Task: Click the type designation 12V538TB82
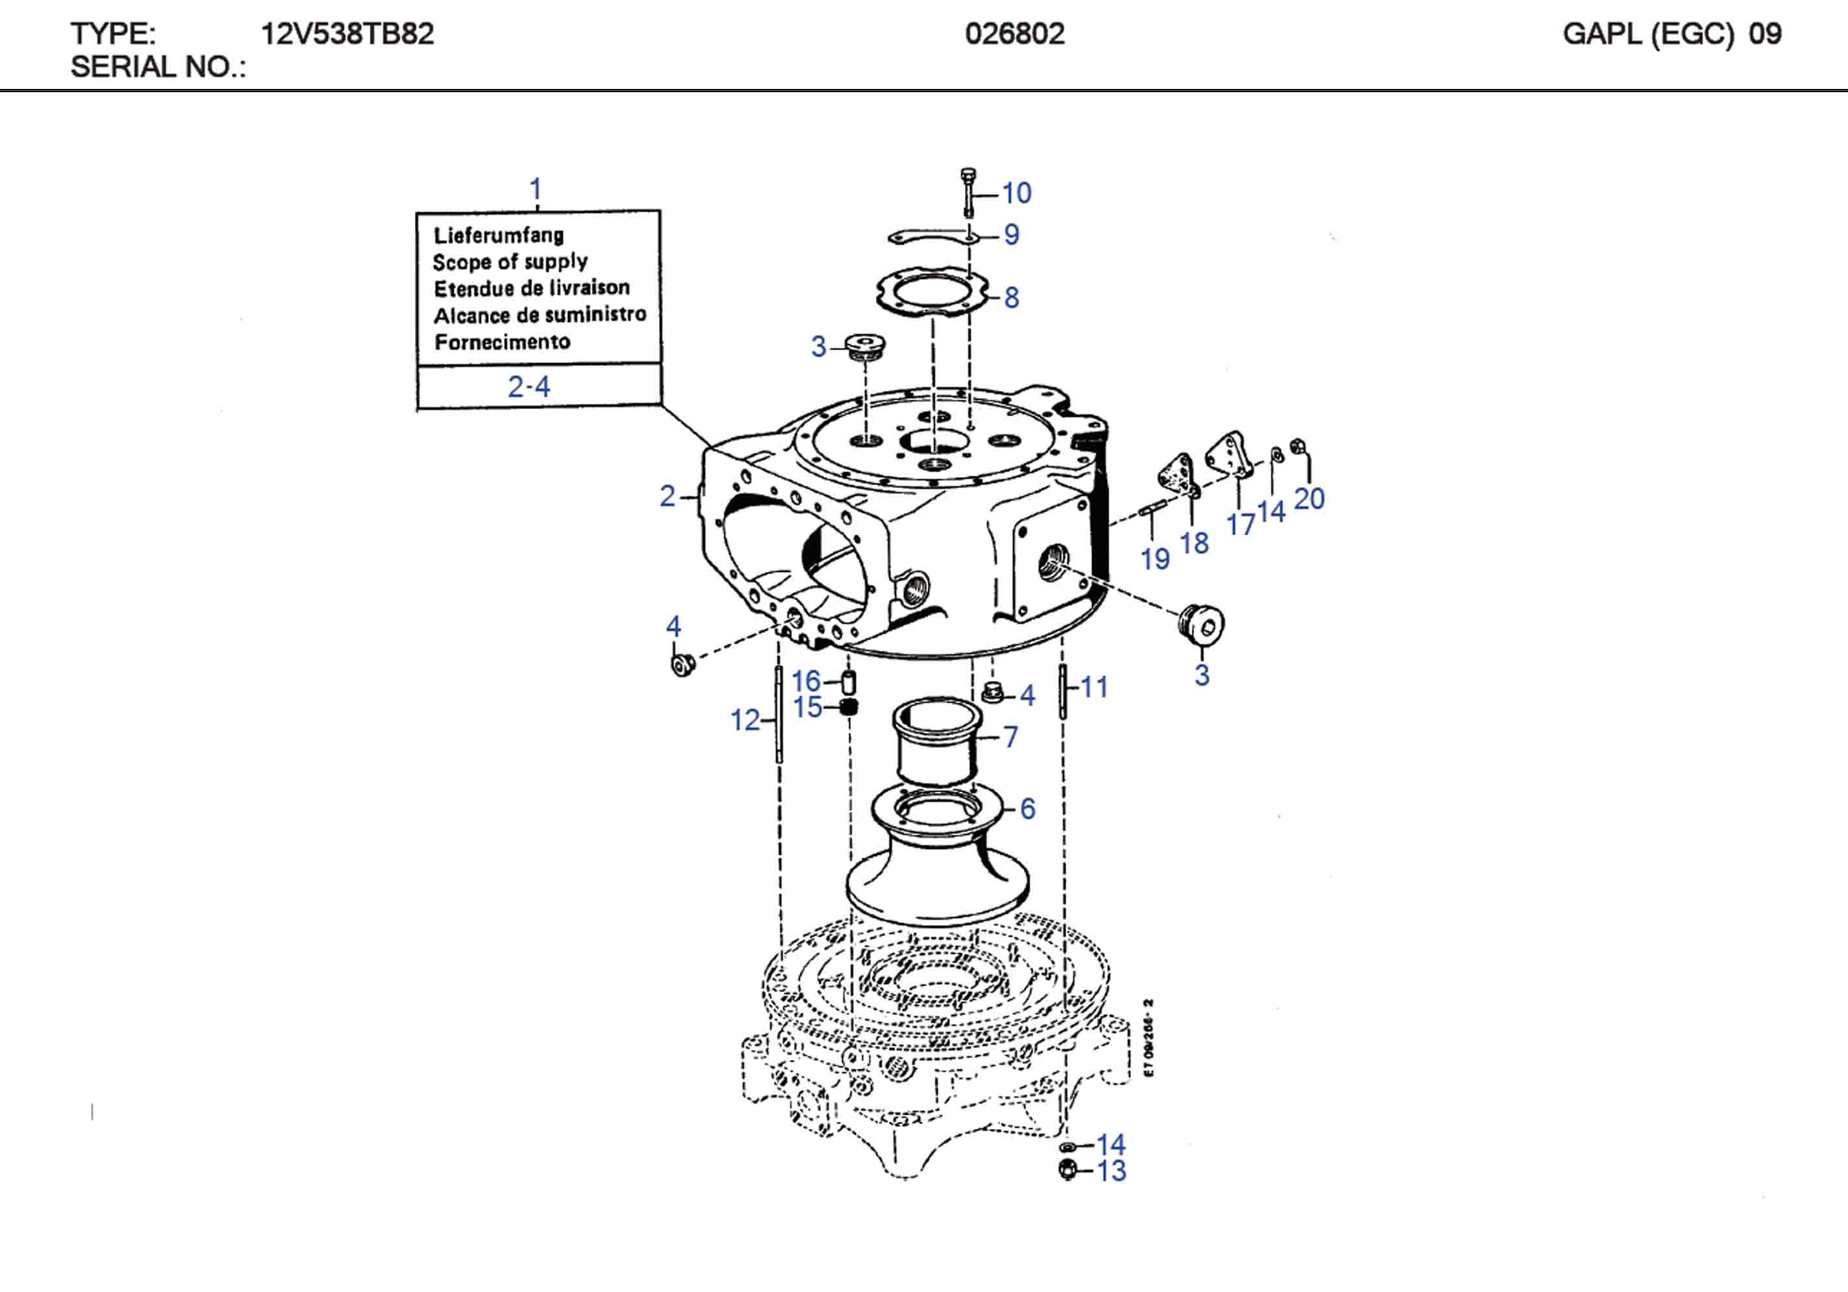(347, 34)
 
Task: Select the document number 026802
(1014, 34)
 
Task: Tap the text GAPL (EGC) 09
(1672, 34)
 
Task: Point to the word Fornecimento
(502, 342)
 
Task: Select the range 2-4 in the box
(529, 387)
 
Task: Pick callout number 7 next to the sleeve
(1011, 736)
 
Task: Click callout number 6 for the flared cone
(1027, 809)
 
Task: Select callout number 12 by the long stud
(745, 721)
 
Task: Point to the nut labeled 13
(1068, 1171)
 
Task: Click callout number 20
(1309, 499)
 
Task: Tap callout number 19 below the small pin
(1155, 558)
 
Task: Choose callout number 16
(806, 682)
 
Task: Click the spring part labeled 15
(848, 708)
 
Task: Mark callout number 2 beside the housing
(668, 496)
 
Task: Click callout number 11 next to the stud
(1094, 688)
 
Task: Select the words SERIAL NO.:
(158, 67)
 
